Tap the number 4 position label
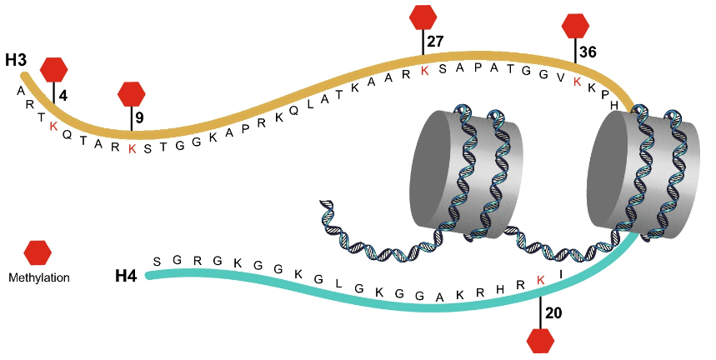63,95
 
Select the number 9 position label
140,117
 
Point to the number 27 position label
435,41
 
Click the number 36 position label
588,52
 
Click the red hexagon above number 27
424,16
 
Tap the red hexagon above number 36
576,25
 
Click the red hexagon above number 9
132,93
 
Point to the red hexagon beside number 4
54,69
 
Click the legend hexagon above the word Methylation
38,252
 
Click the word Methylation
38,277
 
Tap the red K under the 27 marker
424,70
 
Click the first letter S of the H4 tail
157,261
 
